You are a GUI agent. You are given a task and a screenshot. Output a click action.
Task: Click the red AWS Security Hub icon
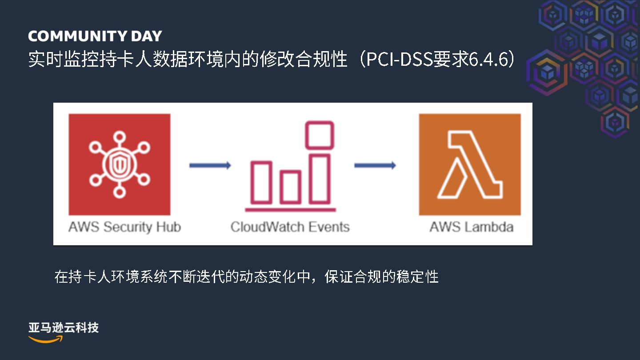tap(119, 164)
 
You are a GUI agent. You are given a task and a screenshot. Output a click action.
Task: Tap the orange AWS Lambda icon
tap(470, 164)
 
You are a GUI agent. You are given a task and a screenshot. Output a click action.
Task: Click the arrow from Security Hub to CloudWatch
tap(210, 165)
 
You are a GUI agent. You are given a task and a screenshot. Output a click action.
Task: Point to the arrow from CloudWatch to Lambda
tap(375, 165)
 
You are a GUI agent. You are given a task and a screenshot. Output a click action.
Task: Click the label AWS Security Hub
tap(124, 227)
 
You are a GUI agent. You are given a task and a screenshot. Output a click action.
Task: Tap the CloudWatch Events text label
tap(290, 227)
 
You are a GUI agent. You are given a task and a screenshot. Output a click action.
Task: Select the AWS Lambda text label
tap(471, 227)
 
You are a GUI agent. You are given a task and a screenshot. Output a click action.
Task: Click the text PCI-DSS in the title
tap(396, 60)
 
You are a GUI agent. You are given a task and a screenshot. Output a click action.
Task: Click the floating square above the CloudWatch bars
tap(319, 135)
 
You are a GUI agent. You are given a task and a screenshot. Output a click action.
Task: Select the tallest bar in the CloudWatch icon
tap(319, 178)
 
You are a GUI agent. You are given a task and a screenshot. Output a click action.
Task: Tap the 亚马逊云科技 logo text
tap(64, 328)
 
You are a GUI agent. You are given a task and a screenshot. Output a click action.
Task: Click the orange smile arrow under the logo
tap(46, 339)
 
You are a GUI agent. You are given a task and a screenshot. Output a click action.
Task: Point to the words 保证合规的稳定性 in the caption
tap(381, 277)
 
